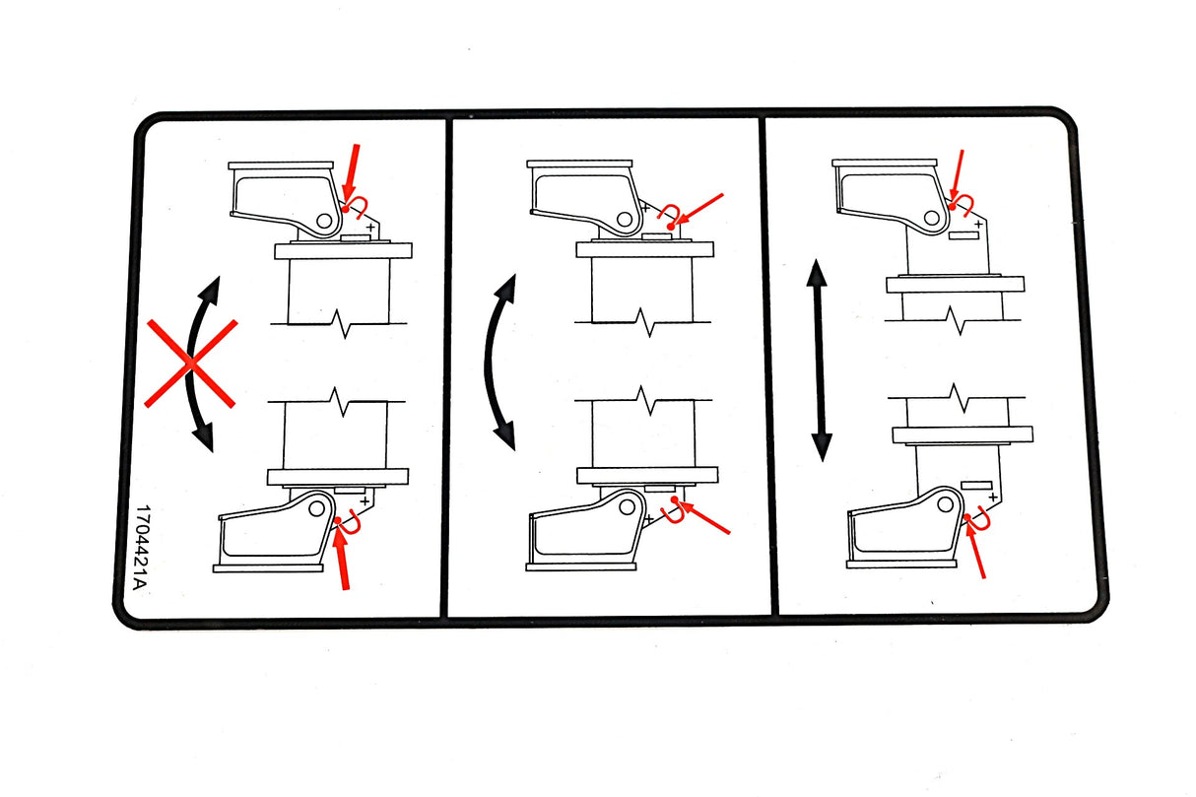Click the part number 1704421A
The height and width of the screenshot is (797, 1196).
pyautogui.click(x=139, y=548)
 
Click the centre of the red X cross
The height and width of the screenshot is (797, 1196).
pyautogui.click(x=190, y=364)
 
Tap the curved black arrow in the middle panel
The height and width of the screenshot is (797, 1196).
pyautogui.click(x=498, y=362)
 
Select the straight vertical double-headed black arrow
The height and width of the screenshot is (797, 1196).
pyautogui.click(x=819, y=361)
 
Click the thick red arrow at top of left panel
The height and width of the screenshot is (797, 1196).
pyautogui.click(x=351, y=175)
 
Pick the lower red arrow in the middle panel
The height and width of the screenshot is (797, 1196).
pyautogui.click(x=703, y=517)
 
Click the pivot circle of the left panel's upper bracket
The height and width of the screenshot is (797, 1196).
pyautogui.click(x=323, y=221)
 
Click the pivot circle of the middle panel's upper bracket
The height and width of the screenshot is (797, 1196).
pyautogui.click(x=624, y=219)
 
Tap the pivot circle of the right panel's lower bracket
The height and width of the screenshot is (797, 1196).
pyautogui.click(x=945, y=503)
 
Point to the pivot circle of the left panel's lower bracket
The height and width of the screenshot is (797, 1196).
pyautogui.click(x=316, y=508)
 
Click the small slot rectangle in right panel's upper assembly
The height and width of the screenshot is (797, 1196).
pyautogui.click(x=963, y=235)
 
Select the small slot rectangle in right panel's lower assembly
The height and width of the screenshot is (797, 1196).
pyautogui.click(x=976, y=486)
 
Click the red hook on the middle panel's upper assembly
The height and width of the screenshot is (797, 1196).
pyautogui.click(x=670, y=213)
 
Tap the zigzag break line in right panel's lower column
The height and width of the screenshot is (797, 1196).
pyautogui.click(x=957, y=398)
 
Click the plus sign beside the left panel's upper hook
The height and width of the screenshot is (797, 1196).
pyautogui.click(x=370, y=228)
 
